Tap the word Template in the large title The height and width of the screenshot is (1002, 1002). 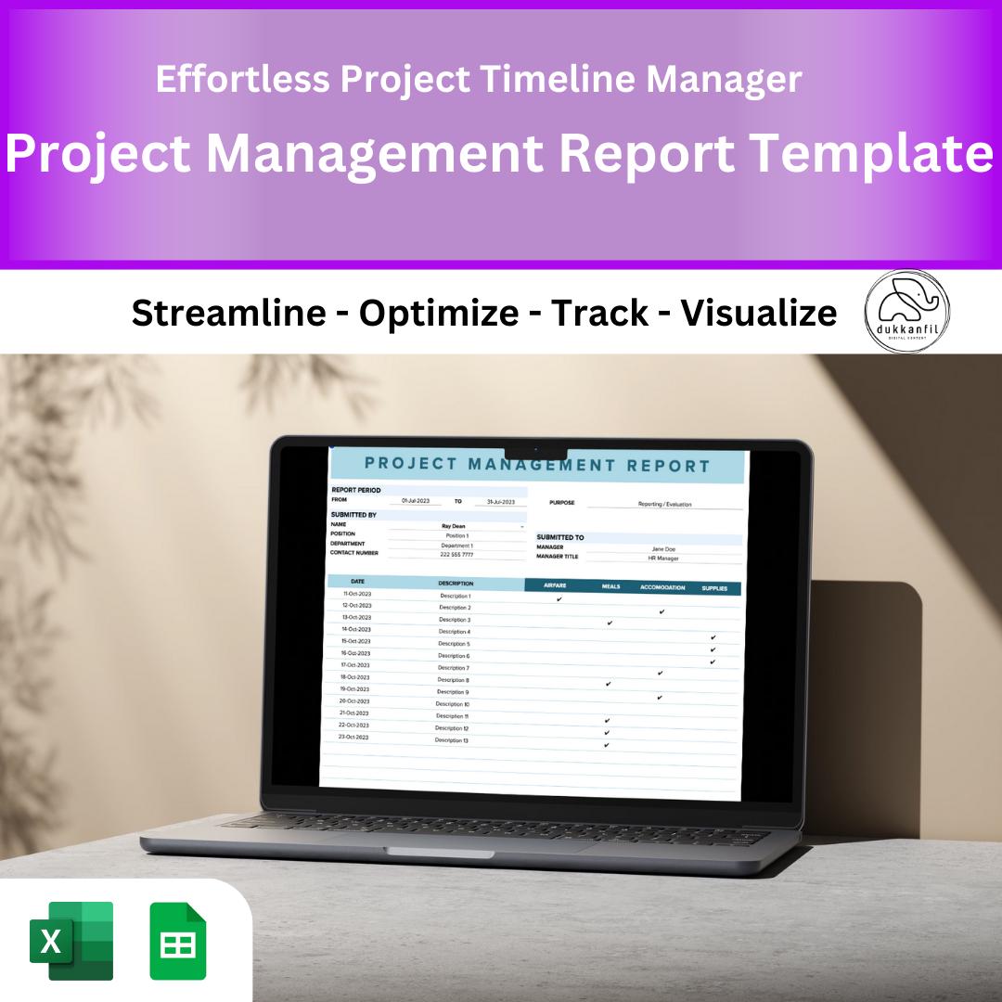tap(869, 153)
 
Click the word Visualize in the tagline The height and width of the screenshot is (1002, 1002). tap(759, 314)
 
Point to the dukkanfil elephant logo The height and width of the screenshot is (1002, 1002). tap(906, 312)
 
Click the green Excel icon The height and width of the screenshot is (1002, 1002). tap(71, 940)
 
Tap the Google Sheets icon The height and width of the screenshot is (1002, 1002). tap(178, 941)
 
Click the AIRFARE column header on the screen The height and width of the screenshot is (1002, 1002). tap(555, 586)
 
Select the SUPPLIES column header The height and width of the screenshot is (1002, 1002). tap(714, 588)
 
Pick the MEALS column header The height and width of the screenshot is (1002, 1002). tap(610, 587)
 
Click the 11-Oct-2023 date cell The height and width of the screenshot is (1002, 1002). tap(357, 594)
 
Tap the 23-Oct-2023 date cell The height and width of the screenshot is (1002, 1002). tap(354, 738)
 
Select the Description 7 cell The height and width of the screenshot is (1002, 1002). tap(454, 668)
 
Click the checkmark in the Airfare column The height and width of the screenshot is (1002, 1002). tap(559, 599)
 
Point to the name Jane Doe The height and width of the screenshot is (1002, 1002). tap(663, 549)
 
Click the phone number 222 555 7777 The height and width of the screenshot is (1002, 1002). tap(456, 555)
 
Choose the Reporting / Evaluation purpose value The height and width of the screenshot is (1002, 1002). tap(664, 505)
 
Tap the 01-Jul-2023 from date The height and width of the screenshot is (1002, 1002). tap(415, 501)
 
